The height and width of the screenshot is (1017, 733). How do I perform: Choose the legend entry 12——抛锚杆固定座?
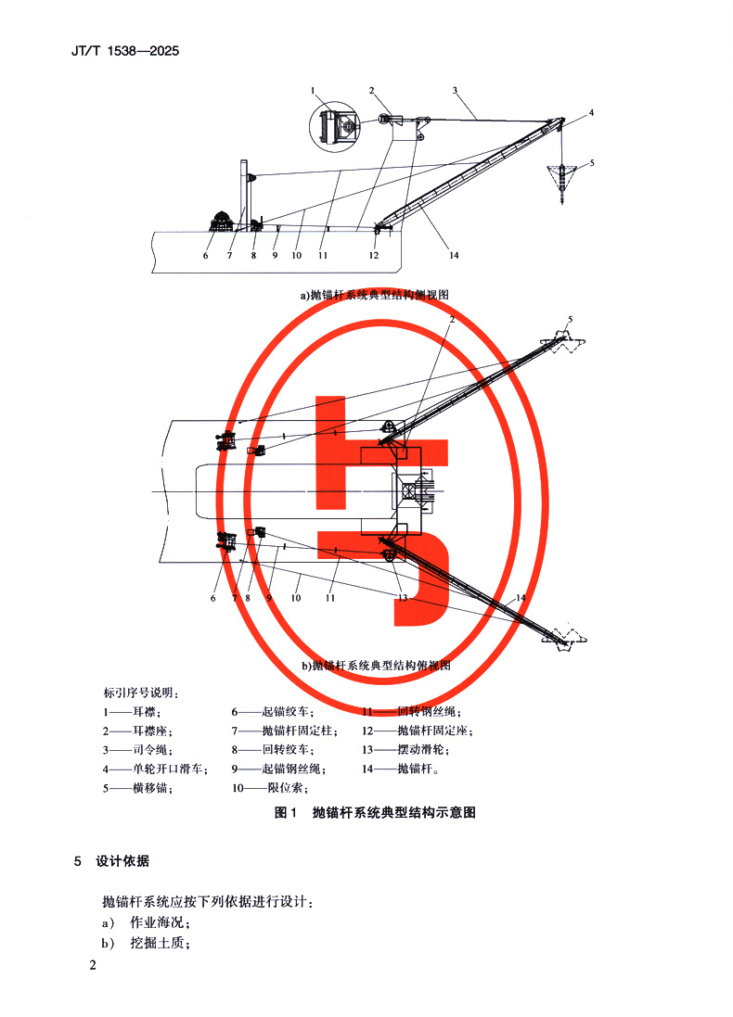pyautogui.click(x=418, y=731)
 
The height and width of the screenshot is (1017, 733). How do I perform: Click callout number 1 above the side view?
pyautogui.click(x=315, y=90)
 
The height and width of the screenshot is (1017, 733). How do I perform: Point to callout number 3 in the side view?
pyautogui.click(x=456, y=90)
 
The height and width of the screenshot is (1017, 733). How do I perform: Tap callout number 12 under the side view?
pyautogui.click(x=374, y=255)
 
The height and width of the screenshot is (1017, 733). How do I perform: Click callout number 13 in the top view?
pyautogui.click(x=401, y=598)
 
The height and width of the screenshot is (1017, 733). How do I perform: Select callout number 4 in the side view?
pyautogui.click(x=591, y=113)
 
